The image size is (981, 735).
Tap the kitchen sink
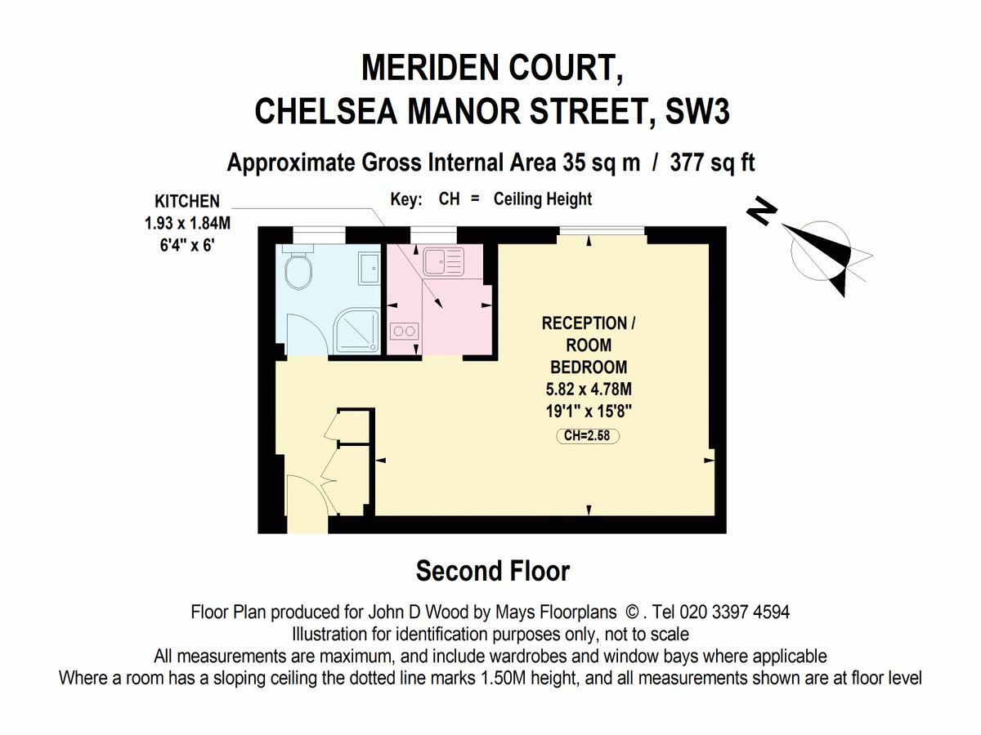444,262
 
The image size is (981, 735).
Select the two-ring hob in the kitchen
405,331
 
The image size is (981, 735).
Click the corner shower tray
357,331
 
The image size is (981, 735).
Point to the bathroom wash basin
370,269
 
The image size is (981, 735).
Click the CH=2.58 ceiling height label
587,435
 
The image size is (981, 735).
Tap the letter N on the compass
762,211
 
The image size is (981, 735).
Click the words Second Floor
493,571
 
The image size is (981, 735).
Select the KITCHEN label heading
187,201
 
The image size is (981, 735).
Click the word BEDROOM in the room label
589,367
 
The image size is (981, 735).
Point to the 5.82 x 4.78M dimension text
589,390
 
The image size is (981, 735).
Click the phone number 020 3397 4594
735,612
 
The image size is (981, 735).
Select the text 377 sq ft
712,163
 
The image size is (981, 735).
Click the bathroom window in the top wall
319,235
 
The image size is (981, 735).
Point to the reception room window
602,230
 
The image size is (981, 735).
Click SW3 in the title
697,111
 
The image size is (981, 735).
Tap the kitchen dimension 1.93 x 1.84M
187,223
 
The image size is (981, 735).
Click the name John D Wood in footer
418,612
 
